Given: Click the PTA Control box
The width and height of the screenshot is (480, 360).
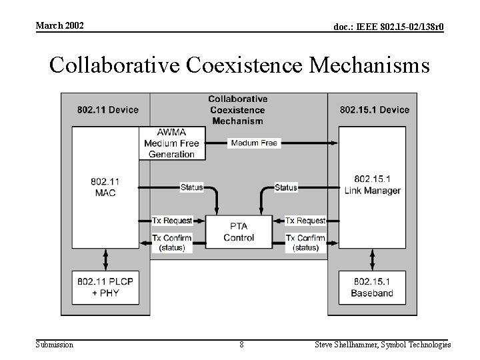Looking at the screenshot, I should (239, 232).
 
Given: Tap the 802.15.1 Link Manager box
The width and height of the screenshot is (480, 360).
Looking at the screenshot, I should (373, 185).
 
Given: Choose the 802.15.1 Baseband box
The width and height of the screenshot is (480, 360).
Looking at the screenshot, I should (372, 287).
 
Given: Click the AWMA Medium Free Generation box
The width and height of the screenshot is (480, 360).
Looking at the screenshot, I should (171, 143).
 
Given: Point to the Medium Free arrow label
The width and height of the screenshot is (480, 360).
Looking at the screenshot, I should (254, 143).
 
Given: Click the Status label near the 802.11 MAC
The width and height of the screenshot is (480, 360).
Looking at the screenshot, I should (192, 187).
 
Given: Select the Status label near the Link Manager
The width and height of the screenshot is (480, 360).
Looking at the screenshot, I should (286, 187).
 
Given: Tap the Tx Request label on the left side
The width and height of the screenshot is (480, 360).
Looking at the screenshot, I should (172, 221).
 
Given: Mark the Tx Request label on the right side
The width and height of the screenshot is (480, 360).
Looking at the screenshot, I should (305, 221).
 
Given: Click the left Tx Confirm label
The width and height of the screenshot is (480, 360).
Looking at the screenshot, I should (172, 238).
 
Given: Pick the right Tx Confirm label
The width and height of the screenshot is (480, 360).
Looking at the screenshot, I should (305, 238).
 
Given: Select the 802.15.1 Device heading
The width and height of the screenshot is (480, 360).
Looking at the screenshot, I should (375, 109).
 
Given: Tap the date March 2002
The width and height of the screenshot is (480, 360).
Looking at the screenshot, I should (60, 25).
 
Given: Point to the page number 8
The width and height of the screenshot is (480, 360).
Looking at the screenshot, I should (241, 345).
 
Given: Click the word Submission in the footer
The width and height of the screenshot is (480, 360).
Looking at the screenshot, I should (55, 345).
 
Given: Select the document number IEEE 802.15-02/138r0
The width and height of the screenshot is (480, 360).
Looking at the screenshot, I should (389, 27).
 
